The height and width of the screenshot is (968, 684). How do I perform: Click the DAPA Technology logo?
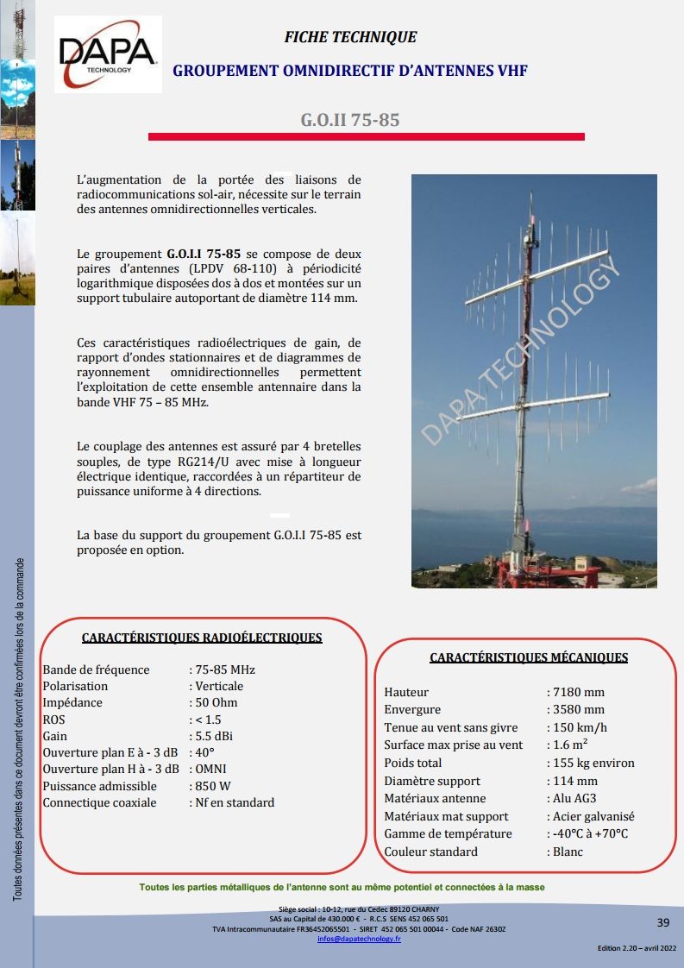[x=107, y=53]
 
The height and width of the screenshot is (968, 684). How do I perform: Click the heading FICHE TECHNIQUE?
[x=350, y=37]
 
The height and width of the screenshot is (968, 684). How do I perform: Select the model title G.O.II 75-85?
[x=349, y=120]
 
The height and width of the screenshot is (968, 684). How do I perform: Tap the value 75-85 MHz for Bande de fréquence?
[x=224, y=669]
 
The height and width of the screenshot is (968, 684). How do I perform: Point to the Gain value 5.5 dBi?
[x=213, y=736]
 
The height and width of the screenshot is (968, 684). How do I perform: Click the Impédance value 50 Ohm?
[x=216, y=702]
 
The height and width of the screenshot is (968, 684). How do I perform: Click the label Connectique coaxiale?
[x=99, y=802]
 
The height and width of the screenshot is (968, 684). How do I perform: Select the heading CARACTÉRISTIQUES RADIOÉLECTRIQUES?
[x=202, y=638]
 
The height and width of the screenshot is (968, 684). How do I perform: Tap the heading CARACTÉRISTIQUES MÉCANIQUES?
[x=529, y=657]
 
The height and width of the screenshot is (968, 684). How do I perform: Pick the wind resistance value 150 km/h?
[x=580, y=727]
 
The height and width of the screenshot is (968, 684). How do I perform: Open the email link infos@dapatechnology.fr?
[x=359, y=938]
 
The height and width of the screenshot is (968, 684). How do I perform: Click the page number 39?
[x=662, y=922]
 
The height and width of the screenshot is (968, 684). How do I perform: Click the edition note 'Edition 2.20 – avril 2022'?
[x=637, y=948]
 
